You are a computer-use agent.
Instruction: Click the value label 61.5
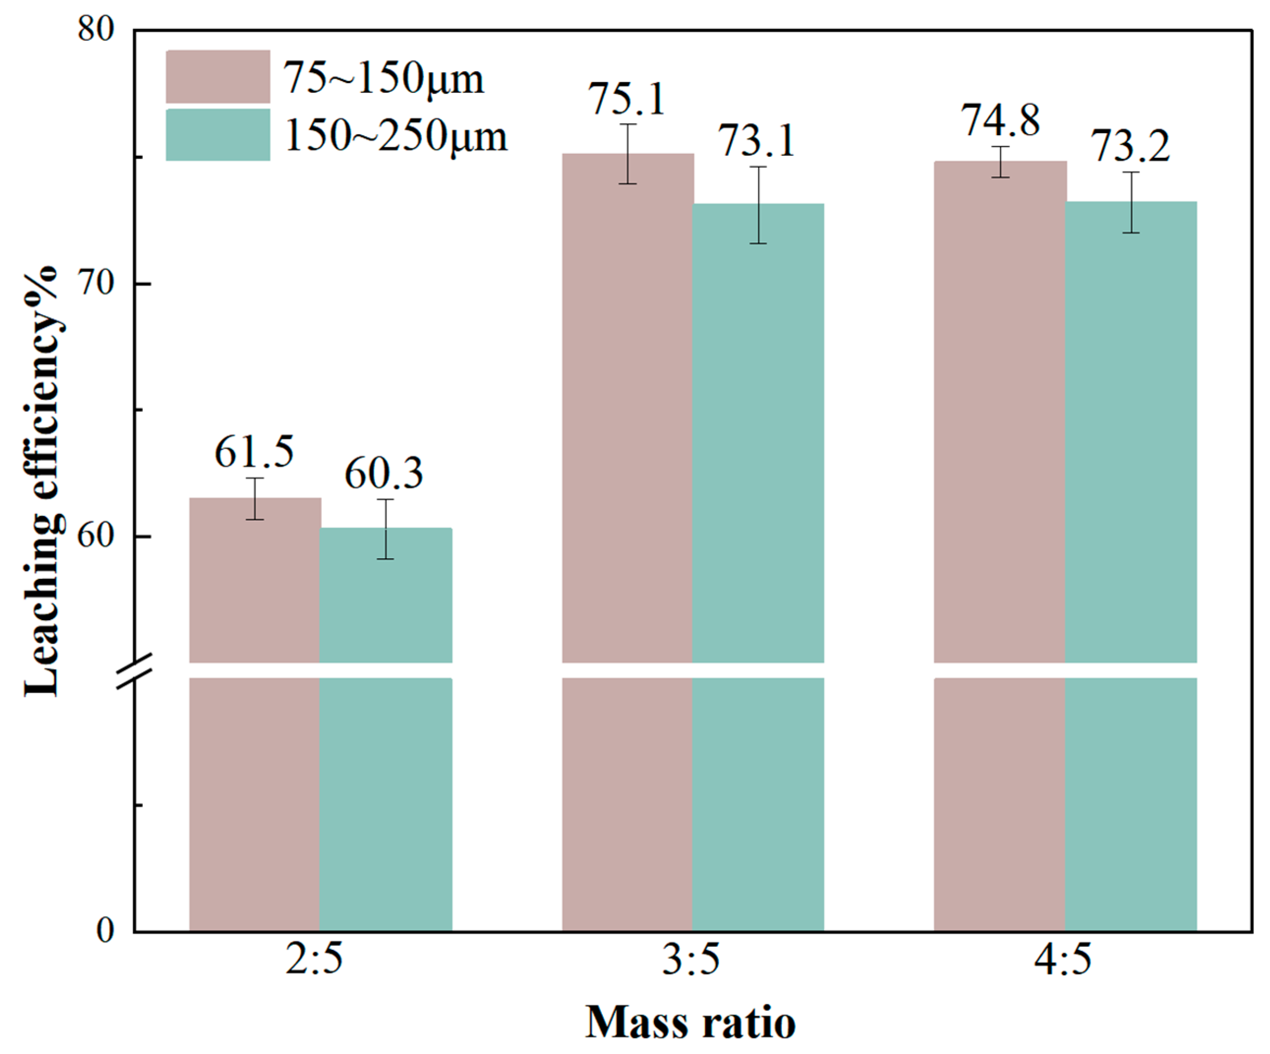[254, 453]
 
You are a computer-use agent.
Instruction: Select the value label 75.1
[627, 100]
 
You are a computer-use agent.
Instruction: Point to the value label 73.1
[756, 142]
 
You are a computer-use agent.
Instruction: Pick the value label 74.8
[1000, 120]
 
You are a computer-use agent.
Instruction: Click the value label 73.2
[1130, 147]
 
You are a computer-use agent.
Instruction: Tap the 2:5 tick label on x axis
[314, 960]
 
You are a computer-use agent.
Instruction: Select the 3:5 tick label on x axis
[691, 960]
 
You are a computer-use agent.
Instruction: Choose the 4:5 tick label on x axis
[1063, 960]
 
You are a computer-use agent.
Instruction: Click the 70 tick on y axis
[95, 283]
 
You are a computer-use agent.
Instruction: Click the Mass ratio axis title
[690, 1023]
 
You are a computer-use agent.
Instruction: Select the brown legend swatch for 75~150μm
[218, 77]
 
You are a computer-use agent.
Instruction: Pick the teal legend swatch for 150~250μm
[218, 135]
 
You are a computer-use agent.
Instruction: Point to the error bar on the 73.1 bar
[758, 205]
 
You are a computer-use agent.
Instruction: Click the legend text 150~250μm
[396, 136]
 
